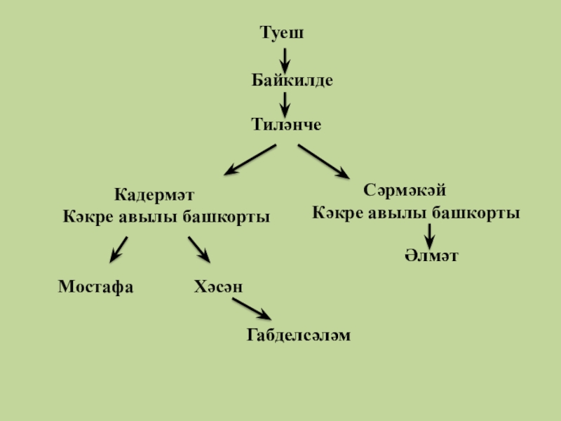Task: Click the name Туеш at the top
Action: point(282,33)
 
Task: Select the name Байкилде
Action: point(292,80)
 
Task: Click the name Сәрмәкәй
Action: point(405,190)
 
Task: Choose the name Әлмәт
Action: point(431,255)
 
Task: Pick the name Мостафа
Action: point(95,286)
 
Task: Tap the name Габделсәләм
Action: point(298,336)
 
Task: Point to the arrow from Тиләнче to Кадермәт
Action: point(250,159)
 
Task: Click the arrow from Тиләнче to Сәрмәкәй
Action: point(323,161)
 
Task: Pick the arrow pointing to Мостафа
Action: point(119,248)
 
